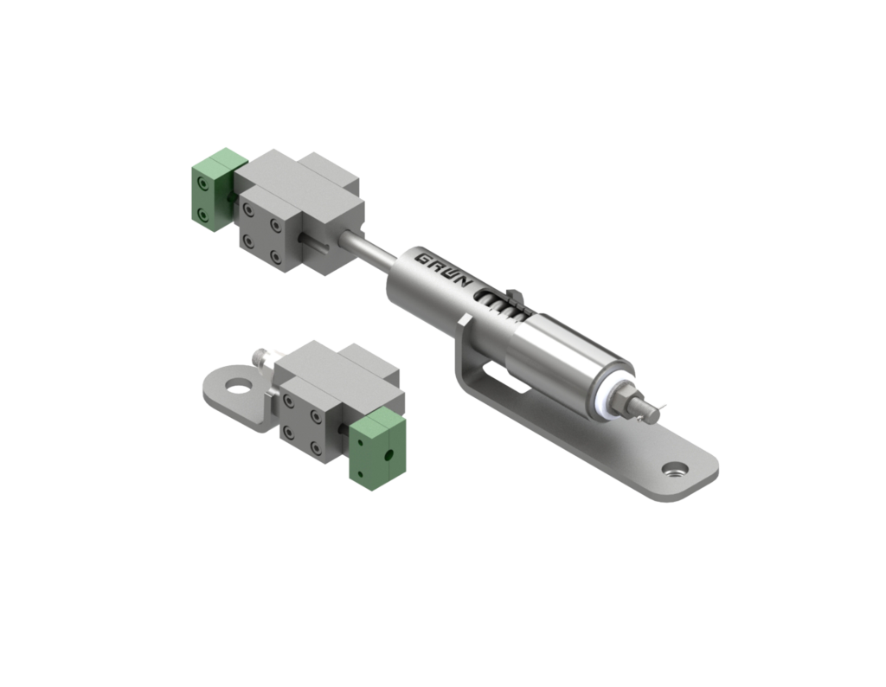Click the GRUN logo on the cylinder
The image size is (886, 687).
(442, 269)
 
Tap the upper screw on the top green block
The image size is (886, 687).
(201, 184)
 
